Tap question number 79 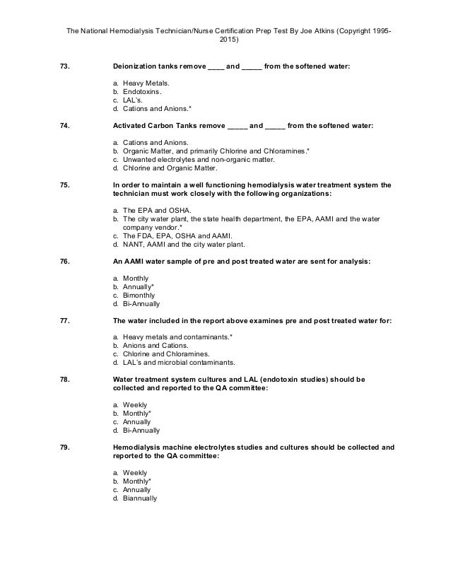64,448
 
